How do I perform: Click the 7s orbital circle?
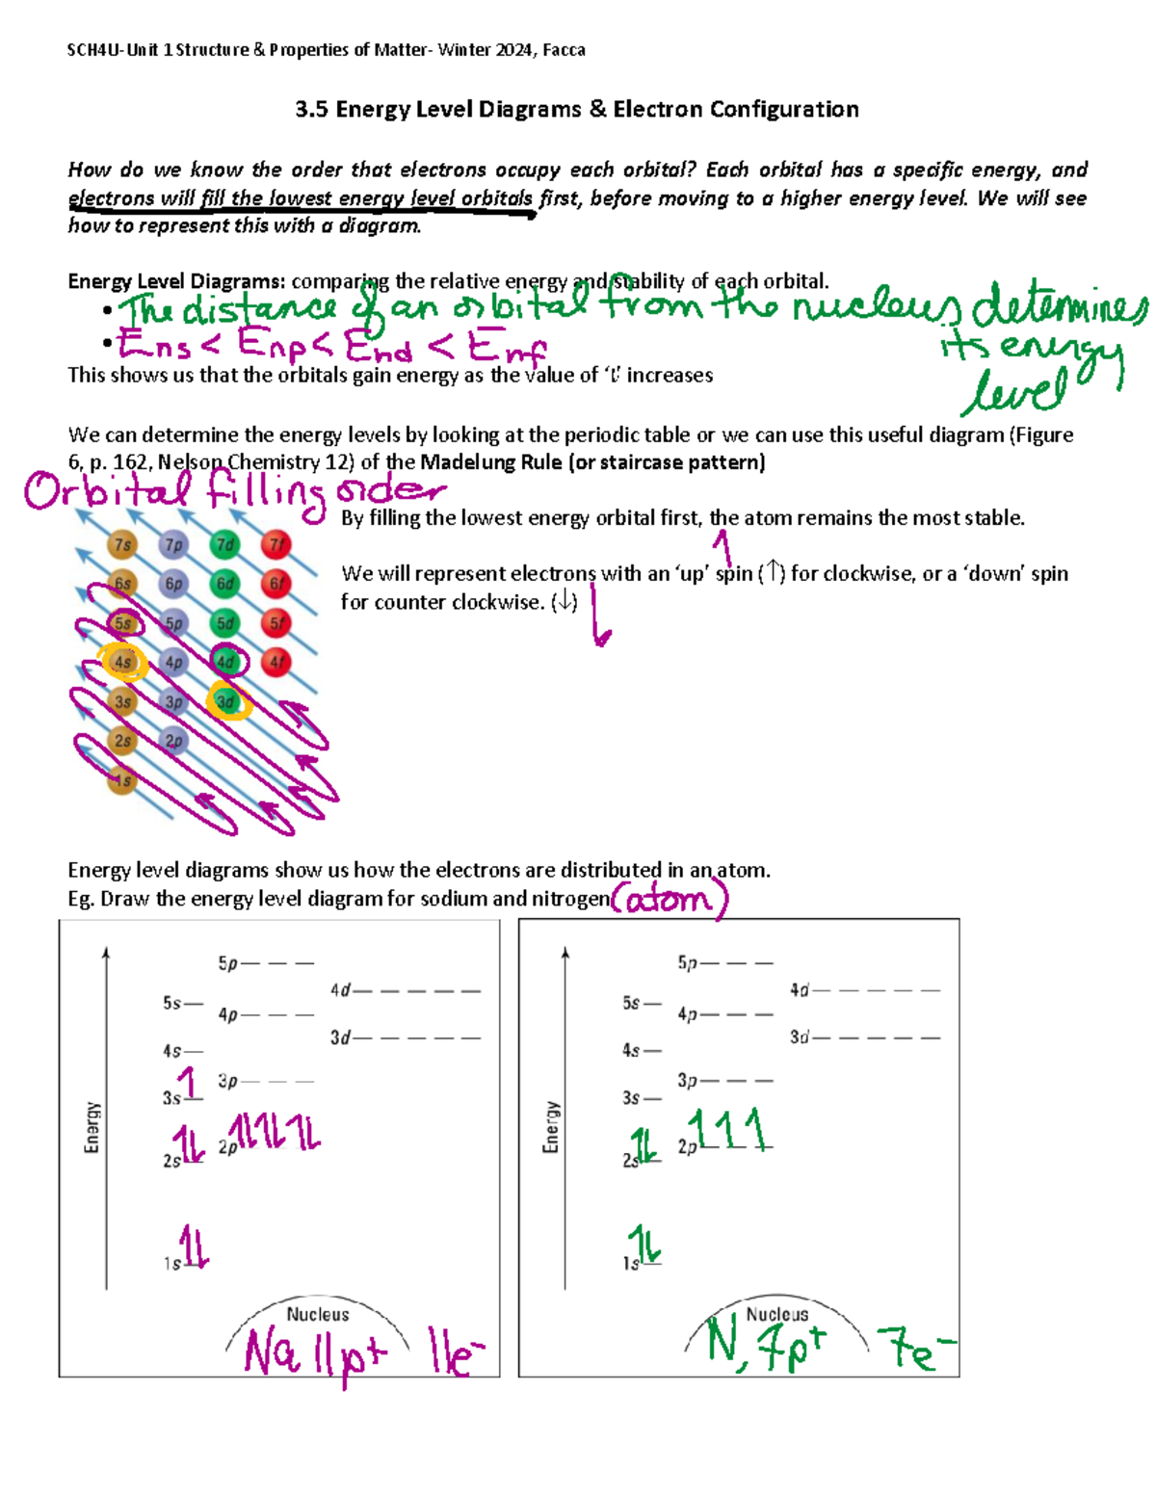(x=122, y=544)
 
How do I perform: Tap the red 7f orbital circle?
(x=276, y=544)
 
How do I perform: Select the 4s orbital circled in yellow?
(x=123, y=663)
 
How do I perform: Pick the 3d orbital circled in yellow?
(x=226, y=702)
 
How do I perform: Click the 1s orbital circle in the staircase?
(x=121, y=780)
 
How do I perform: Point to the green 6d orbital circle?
(x=225, y=584)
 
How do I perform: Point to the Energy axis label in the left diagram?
(x=92, y=1127)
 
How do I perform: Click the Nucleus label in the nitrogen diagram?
(x=776, y=1314)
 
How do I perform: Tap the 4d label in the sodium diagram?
(x=340, y=990)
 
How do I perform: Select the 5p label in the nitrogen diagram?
(x=687, y=962)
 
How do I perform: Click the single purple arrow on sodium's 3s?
(x=190, y=1082)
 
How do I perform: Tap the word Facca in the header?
(x=564, y=50)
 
